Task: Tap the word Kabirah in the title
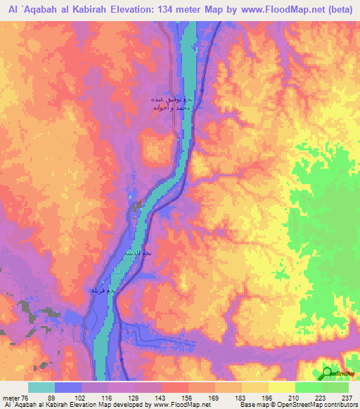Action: (x=89, y=8)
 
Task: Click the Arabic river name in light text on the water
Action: (x=122, y=269)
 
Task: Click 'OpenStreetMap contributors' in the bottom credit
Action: (x=323, y=405)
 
